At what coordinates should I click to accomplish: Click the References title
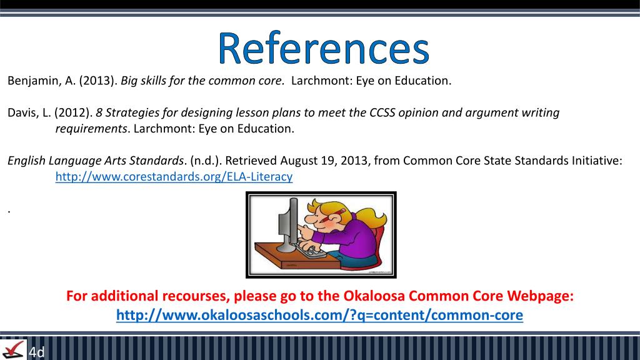click(324, 49)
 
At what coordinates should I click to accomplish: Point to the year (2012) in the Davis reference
click(73, 113)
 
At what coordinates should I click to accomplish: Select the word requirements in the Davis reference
click(91, 129)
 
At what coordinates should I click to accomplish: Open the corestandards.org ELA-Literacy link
click(174, 177)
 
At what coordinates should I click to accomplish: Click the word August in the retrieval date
click(300, 161)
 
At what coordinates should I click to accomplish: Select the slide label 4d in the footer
click(37, 352)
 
